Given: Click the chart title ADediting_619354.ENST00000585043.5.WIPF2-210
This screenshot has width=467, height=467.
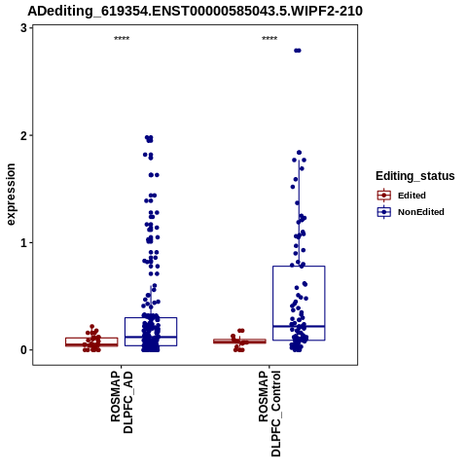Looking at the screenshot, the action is click(x=195, y=11).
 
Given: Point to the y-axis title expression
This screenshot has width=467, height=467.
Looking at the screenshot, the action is click(x=11, y=195).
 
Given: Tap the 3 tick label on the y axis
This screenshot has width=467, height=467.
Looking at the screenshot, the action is click(x=23, y=28).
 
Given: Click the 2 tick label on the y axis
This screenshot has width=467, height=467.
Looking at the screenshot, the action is click(x=23, y=135).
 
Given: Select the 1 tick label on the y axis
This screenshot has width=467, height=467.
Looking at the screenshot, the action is click(x=23, y=242).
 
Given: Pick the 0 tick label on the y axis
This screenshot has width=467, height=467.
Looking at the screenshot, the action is click(x=23, y=350).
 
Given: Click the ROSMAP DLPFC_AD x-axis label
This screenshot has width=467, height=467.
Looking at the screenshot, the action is click(x=122, y=402).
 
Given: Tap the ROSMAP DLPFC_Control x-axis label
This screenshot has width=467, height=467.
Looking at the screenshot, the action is click(x=269, y=413).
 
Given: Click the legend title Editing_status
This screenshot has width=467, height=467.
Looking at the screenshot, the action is click(x=415, y=176).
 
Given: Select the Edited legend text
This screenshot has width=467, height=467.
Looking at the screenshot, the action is click(x=412, y=196).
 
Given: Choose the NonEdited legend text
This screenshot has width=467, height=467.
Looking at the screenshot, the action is click(x=421, y=212).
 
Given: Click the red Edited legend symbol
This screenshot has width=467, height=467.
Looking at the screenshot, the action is click(x=384, y=196).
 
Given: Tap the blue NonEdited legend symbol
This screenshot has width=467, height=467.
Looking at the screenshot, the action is click(x=384, y=212).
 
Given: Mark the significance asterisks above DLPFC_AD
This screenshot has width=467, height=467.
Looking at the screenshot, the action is click(x=122, y=39).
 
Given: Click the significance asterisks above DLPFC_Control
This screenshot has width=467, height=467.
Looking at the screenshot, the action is click(x=269, y=39).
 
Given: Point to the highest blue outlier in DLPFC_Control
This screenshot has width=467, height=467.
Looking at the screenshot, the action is click(x=298, y=51).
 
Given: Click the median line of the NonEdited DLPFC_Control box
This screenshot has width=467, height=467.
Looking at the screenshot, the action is click(x=299, y=326).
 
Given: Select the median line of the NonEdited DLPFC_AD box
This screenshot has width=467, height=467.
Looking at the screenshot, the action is click(x=151, y=337).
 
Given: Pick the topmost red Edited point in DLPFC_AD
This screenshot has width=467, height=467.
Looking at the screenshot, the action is click(x=92, y=327).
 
